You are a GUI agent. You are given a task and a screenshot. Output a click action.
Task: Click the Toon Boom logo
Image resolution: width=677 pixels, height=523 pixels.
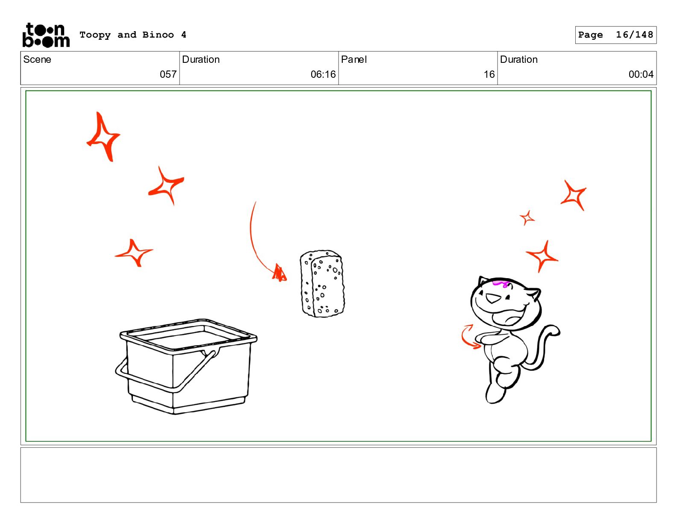46,35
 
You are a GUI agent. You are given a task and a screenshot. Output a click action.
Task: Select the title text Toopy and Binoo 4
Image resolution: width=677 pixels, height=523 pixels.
133,35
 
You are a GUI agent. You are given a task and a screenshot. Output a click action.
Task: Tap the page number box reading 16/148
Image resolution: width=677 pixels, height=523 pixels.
615,35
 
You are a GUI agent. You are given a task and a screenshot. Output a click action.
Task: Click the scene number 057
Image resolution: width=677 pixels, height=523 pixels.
168,74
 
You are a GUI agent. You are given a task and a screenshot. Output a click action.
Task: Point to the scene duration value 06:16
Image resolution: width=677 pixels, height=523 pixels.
323,74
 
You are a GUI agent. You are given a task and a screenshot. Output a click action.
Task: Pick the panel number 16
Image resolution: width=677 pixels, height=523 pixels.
489,74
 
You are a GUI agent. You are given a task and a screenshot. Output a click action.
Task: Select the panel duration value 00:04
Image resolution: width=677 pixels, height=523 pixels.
641,74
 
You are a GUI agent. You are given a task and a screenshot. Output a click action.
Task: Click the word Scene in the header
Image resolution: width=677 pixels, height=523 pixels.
37,59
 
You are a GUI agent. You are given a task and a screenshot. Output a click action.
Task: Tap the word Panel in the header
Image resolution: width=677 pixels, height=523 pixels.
353,59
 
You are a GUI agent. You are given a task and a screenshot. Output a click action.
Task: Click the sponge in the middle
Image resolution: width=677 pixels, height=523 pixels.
322,284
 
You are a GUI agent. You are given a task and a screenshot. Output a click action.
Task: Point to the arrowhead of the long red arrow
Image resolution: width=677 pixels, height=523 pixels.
280,273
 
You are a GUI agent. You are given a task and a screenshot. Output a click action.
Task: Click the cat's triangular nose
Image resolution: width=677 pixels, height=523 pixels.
492,300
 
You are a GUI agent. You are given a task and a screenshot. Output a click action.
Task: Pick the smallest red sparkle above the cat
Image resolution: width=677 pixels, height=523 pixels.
527,218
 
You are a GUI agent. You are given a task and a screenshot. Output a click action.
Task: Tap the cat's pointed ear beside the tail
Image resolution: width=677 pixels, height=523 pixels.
535,293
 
